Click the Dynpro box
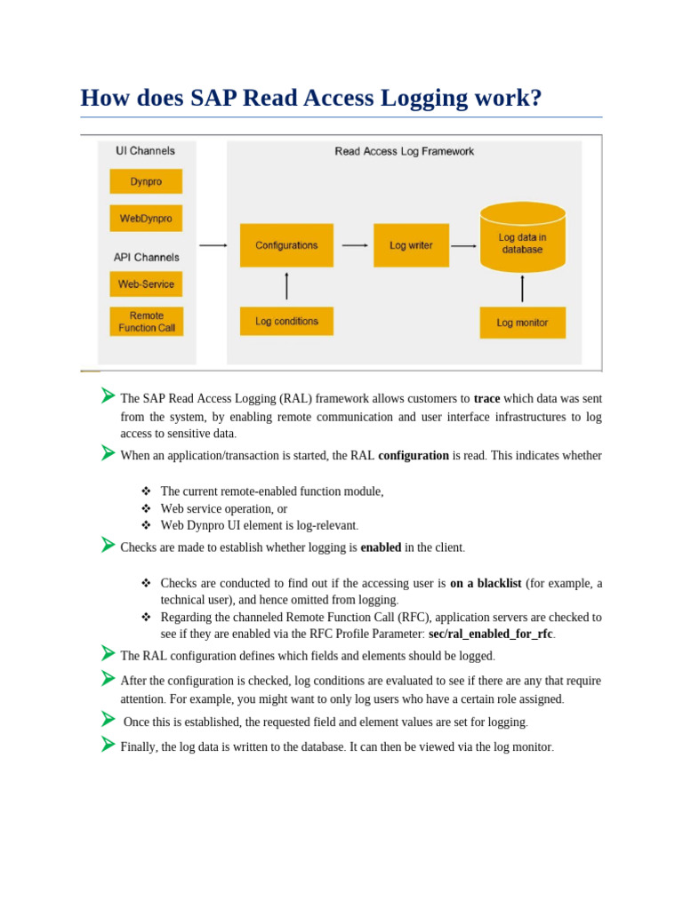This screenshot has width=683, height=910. point(146,181)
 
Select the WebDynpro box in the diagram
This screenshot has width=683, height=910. point(146,218)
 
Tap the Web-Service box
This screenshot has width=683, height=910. point(146,284)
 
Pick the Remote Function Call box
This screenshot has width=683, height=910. point(146,322)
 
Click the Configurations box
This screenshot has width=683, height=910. point(286,245)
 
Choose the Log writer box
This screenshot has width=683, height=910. point(411,245)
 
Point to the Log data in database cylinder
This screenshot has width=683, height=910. point(522,238)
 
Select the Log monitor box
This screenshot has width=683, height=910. point(522,323)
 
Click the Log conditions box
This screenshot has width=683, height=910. point(286,321)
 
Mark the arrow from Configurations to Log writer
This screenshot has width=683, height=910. point(355,245)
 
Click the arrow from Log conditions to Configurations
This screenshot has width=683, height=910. point(286,286)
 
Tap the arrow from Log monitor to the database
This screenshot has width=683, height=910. point(522,289)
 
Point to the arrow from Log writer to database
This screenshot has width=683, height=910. point(463,245)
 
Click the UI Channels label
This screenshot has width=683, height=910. point(146,151)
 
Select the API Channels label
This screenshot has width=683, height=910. point(146,257)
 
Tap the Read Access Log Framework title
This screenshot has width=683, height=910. point(404,152)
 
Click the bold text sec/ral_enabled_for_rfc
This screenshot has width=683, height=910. point(490,635)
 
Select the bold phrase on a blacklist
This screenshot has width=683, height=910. point(486,584)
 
